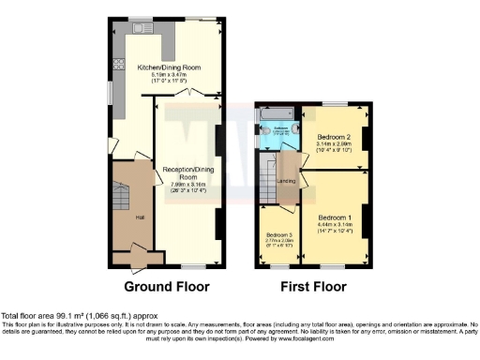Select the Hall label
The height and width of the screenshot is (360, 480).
[141, 217]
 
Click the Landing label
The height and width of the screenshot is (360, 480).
[287, 181]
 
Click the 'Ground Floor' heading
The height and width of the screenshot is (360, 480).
[166, 286]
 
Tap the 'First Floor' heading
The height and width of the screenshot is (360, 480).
[313, 286]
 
